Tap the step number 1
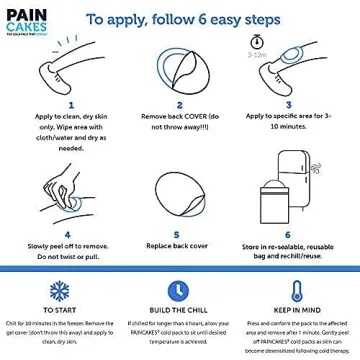71,104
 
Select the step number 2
179,104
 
